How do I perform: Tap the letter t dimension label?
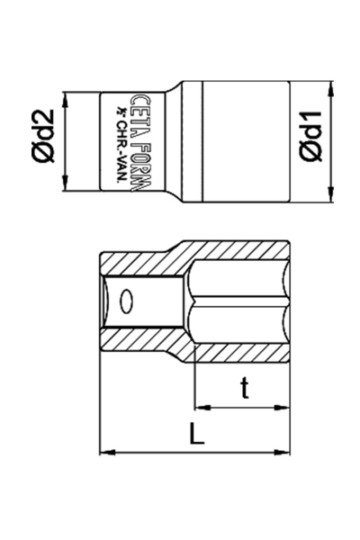pos(244,388)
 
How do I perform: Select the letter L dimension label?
pos(198,436)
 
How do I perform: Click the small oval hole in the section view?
pos(127,301)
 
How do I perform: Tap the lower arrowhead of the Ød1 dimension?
pos(333,193)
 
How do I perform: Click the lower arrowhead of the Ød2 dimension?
pos(65,185)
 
